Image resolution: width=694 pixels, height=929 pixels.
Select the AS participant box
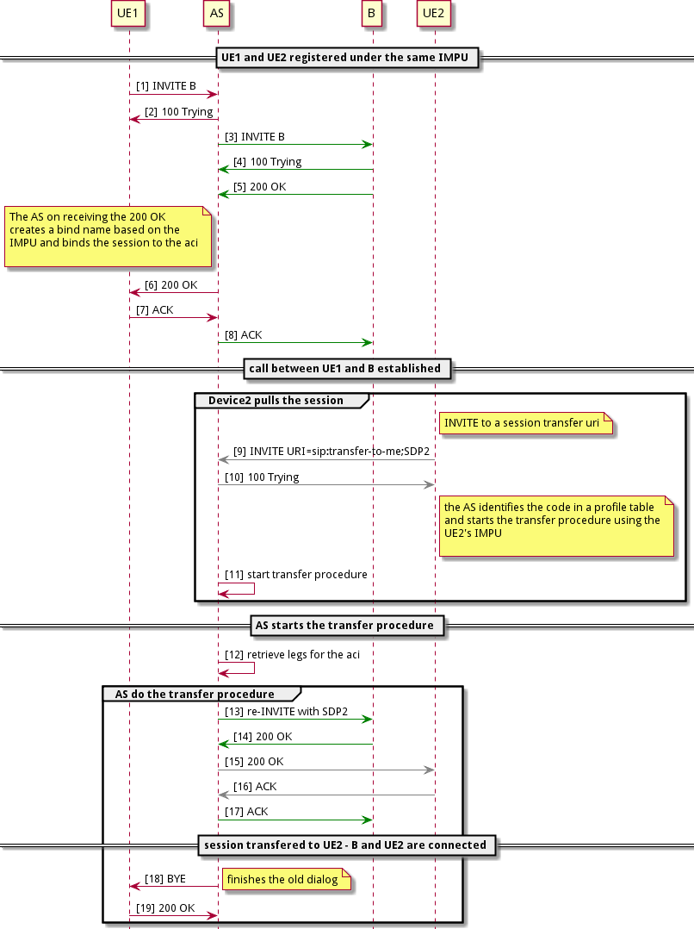point(217,14)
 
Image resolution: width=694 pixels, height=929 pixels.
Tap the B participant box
point(372,14)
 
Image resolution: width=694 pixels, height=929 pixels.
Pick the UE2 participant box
point(434,14)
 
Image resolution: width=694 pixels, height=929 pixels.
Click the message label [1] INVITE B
point(165,86)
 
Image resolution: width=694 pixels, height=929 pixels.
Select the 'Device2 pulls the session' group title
point(276,401)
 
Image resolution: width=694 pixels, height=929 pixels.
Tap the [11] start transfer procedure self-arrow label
point(296,574)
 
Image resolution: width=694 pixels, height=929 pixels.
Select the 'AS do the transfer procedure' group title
point(195,694)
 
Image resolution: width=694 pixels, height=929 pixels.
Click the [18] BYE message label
point(165,878)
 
